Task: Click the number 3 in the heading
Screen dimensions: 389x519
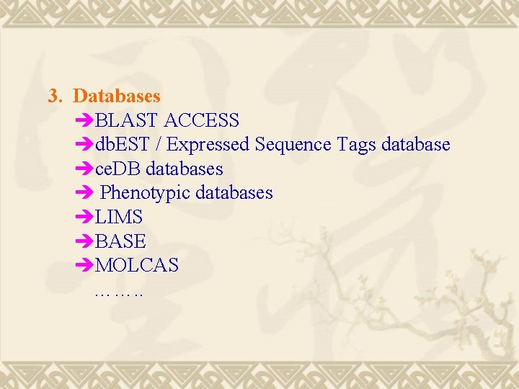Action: tap(53, 95)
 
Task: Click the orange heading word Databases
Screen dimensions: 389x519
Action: tap(117, 95)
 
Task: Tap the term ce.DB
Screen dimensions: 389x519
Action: tap(118, 169)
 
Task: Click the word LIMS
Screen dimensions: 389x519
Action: tap(119, 217)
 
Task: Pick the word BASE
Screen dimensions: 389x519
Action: tap(120, 241)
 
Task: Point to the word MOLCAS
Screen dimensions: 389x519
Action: tap(137, 266)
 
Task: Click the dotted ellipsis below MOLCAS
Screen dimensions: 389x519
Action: tap(118, 294)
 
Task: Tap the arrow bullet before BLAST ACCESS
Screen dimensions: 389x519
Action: tap(84, 120)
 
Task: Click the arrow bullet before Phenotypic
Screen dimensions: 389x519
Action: tap(84, 193)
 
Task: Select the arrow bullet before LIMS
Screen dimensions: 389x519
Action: tap(84, 217)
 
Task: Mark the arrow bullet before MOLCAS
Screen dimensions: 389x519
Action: tap(84, 266)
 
